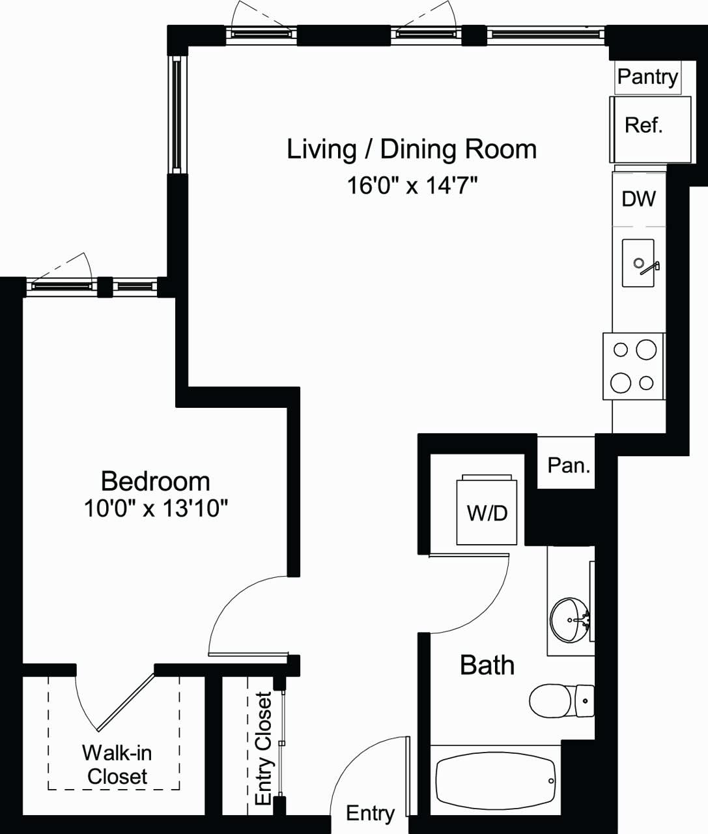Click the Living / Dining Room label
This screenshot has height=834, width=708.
pyautogui.click(x=412, y=149)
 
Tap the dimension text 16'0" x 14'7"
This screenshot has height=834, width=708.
pyautogui.click(x=412, y=186)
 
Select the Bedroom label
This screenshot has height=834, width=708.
pyautogui.click(x=156, y=482)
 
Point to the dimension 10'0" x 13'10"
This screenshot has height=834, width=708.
pyautogui.click(x=156, y=508)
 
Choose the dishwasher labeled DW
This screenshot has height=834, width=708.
pyautogui.click(x=638, y=199)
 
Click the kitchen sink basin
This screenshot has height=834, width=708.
pyautogui.click(x=638, y=263)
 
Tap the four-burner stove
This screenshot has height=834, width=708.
pyautogui.click(x=633, y=366)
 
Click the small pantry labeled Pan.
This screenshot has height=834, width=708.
pyautogui.click(x=568, y=465)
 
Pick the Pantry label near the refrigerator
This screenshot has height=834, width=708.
pyautogui.click(x=647, y=77)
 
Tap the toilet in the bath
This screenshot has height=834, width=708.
pyautogui.click(x=560, y=700)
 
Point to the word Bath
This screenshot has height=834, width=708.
pyautogui.click(x=487, y=665)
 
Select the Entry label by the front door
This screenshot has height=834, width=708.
pyautogui.click(x=369, y=813)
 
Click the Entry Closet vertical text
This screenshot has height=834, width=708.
pyautogui.click(x=263, y=748)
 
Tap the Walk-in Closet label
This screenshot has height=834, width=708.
pyautogui.click(x=117, y=764)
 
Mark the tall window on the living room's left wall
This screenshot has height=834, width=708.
pyautogui.click(x=177, y=115)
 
